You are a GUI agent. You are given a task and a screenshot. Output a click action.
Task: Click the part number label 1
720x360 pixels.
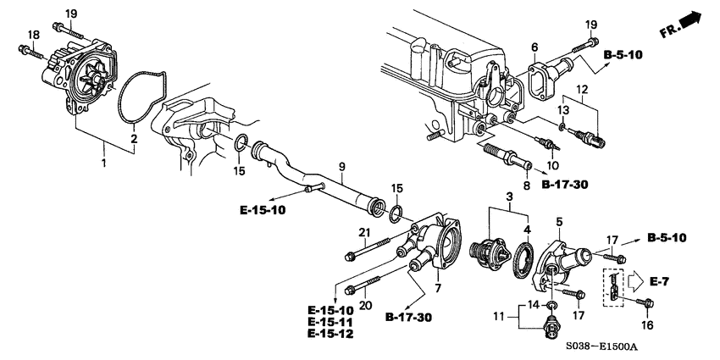104,161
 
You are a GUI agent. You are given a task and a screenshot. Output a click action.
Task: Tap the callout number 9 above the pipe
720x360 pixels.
341,168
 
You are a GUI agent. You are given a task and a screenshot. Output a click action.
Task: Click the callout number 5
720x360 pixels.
558,223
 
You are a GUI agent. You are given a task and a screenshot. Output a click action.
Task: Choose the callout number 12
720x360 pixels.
581,90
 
